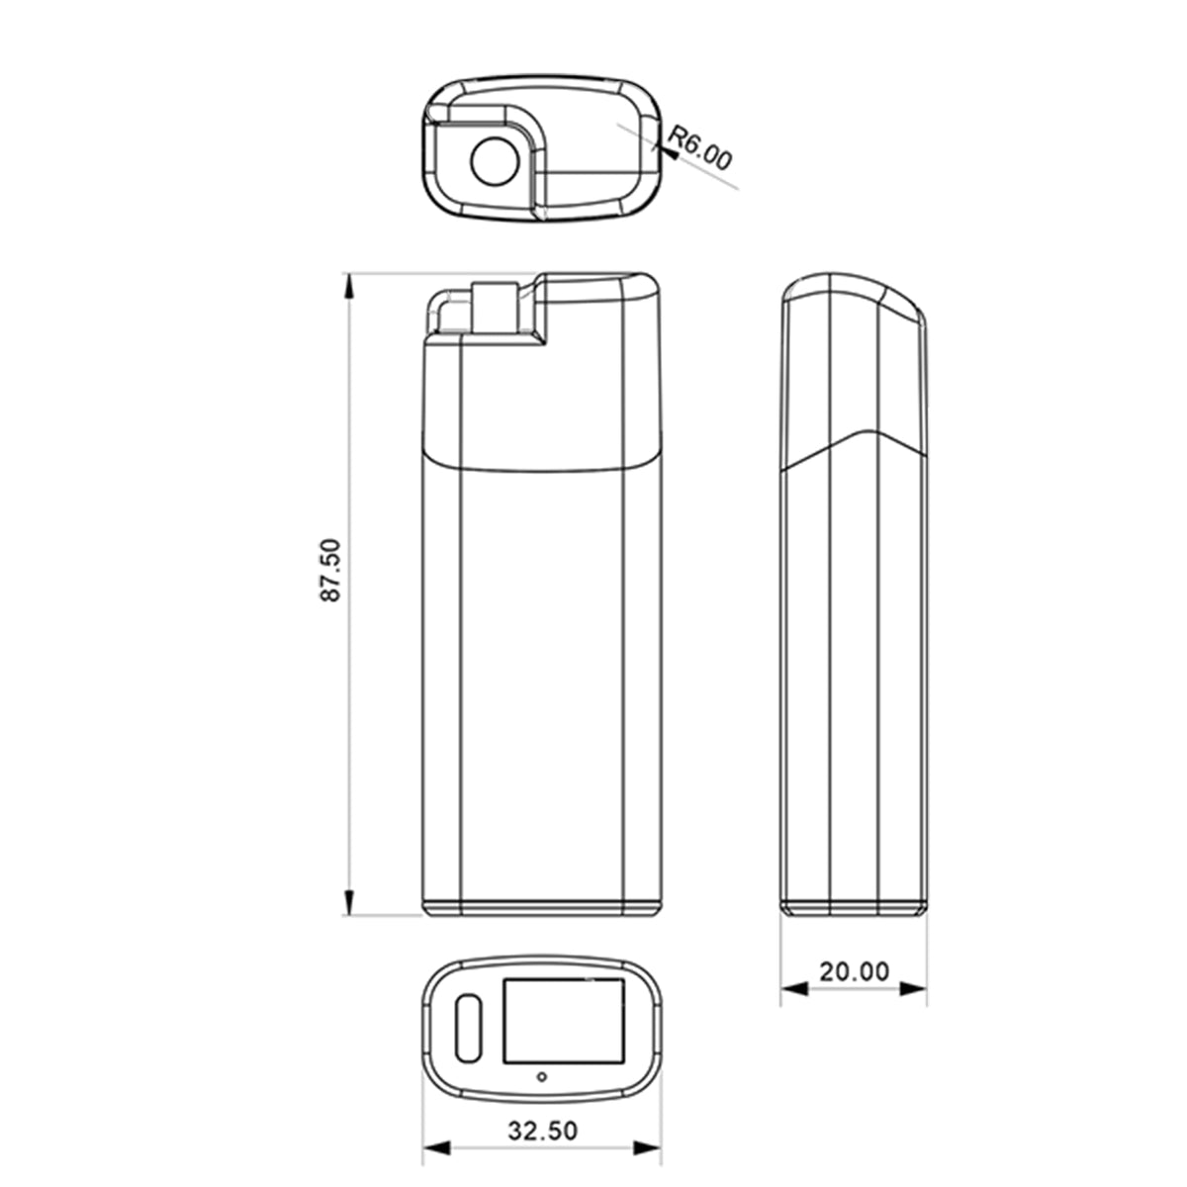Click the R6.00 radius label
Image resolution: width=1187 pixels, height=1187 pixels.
point(700,147)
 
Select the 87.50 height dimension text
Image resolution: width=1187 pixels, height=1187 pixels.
point(330,570)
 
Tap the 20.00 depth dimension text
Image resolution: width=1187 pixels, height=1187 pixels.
point(855,971)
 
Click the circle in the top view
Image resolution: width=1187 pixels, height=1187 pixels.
point(495,161)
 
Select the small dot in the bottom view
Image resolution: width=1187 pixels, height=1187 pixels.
point(542,1077)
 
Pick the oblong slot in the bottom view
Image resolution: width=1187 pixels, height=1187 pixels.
point(469,1028)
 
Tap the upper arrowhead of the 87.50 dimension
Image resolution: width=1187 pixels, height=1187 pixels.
point(348,288)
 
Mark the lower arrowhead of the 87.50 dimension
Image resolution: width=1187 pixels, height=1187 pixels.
point(348,900)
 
